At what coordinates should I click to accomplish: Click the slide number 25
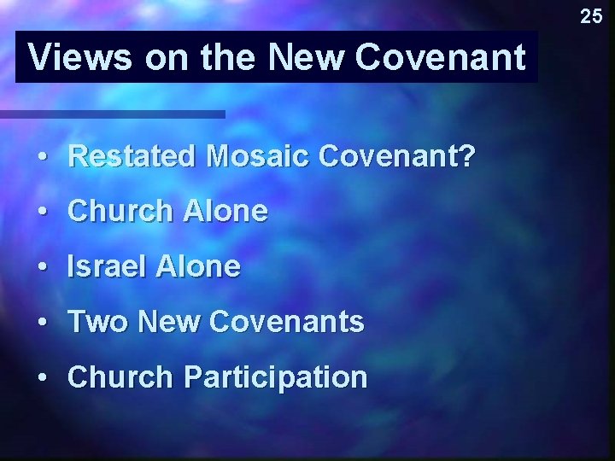[591, 15]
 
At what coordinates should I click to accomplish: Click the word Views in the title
[79, 58]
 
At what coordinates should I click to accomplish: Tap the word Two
[96, 323]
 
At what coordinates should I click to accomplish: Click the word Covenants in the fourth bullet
[285, 323]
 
